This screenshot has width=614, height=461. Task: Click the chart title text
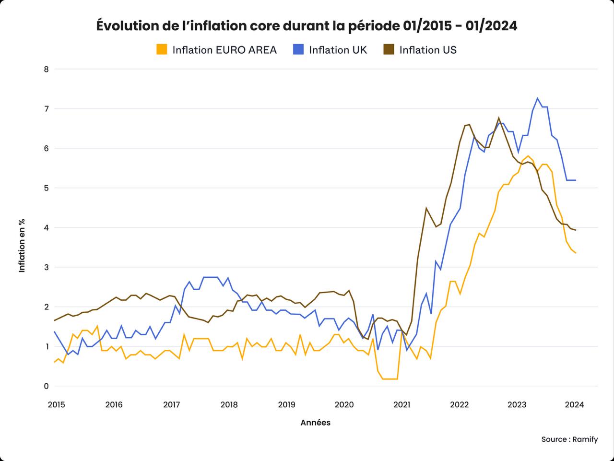click(x=307, y=25)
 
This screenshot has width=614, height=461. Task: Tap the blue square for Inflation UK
click(x=298, y=49)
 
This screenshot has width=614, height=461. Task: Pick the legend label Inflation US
click(x=427, y=50)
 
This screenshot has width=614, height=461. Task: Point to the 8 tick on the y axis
click(x=46, y=69)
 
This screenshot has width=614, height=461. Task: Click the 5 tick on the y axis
click(x=46, y=188)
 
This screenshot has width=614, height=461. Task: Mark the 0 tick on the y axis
click(x=46, y=386)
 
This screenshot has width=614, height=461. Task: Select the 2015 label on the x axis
click(x=56, y=404)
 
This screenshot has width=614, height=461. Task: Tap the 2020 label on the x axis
click(x=344, y=404)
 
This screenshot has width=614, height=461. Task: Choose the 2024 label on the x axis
click(x=574, y=404)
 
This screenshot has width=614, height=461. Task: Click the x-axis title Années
click(x=315, y=423)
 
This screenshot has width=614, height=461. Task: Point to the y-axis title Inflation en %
click(x=22, y=246)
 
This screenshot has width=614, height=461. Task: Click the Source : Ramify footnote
click(x=569, y=439)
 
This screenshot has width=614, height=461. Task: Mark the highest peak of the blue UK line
click(x=537, y=98)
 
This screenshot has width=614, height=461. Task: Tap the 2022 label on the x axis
click(x=459, y=404)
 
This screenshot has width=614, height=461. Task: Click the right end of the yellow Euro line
click(x=575, y=253)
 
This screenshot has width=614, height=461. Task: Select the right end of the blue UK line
click(x=575, y=180)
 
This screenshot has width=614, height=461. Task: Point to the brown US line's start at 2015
click(x=55, y=320)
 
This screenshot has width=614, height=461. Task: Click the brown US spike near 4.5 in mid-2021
click(x=426, y=208)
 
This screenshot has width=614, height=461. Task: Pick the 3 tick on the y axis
click(x=46, y=267)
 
